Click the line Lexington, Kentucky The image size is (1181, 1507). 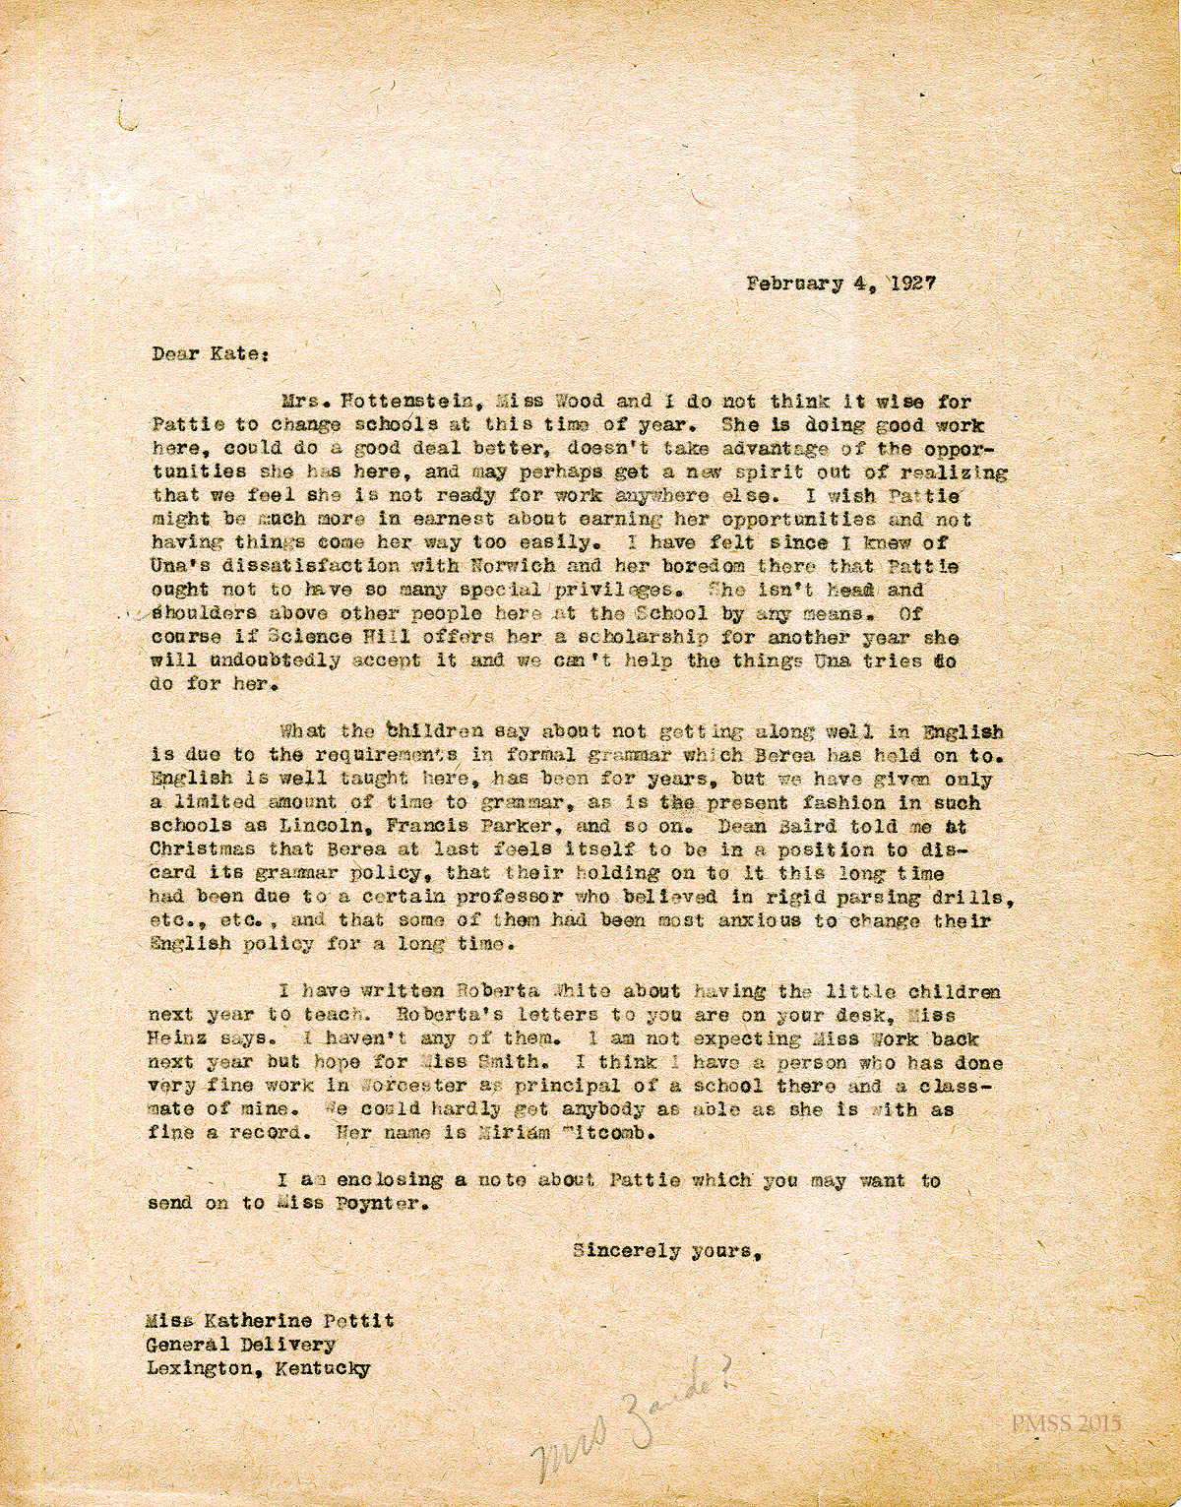coord(258,1369)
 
